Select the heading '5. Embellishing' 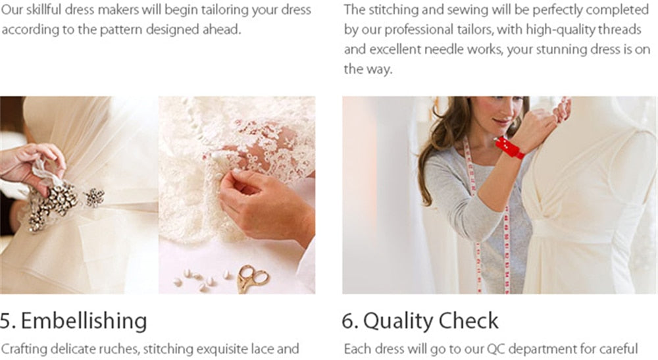point(74,321)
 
